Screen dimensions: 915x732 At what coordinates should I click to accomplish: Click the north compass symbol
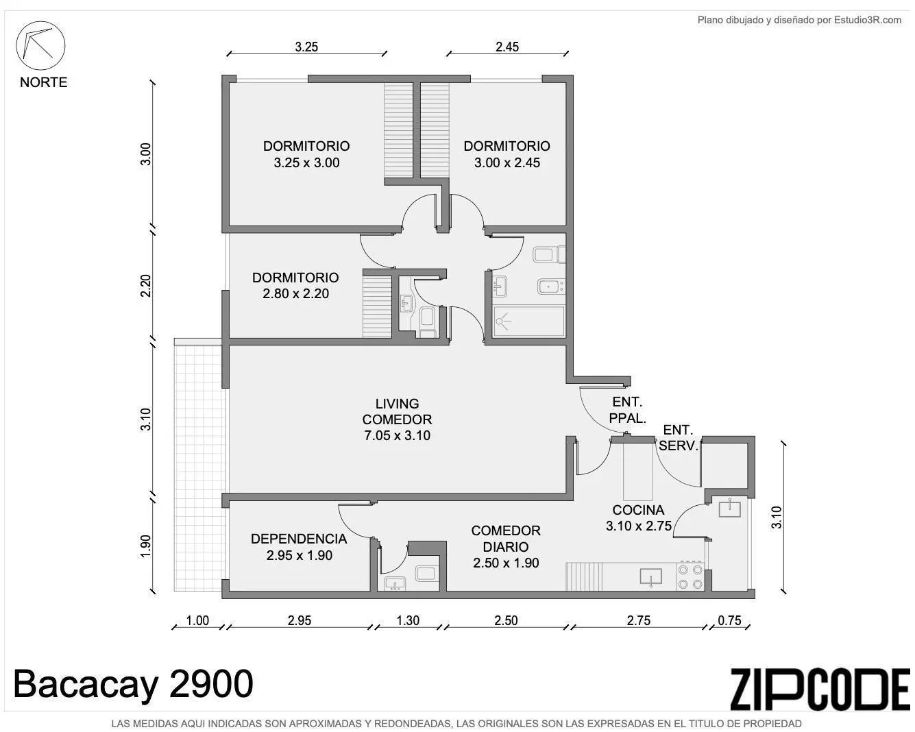tap(40, 45)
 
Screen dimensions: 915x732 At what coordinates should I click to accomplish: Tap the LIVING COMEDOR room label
tap(397, 419)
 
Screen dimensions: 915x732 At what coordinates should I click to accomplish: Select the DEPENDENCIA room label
tap(299, 547)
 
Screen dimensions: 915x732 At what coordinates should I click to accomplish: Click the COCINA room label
tap(638, 517)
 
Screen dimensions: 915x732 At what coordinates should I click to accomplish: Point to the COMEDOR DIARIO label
tap(506, 546)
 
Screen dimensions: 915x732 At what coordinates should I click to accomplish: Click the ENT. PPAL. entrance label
tap(627, 410)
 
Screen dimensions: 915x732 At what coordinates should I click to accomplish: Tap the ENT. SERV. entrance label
tap(678, 438)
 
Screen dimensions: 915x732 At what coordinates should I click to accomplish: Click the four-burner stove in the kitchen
tap(690, 576)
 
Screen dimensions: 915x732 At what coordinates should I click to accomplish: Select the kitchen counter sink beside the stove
tap(650, 577)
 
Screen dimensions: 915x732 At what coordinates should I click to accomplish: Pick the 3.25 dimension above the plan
tap(306, 47)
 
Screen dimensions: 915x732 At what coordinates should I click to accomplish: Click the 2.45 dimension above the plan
tap(507, 47)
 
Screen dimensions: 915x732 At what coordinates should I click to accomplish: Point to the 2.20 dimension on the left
tap(145, 286)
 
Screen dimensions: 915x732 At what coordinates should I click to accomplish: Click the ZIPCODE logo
tap(820, 690)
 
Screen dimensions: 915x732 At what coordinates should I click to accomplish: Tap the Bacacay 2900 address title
tap(133, 684)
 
